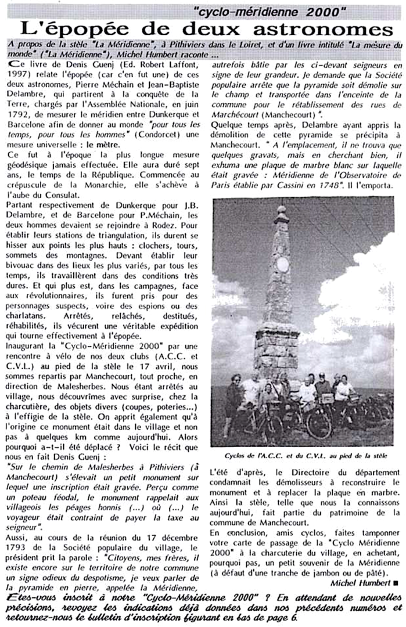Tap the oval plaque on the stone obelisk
pos(283,264)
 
